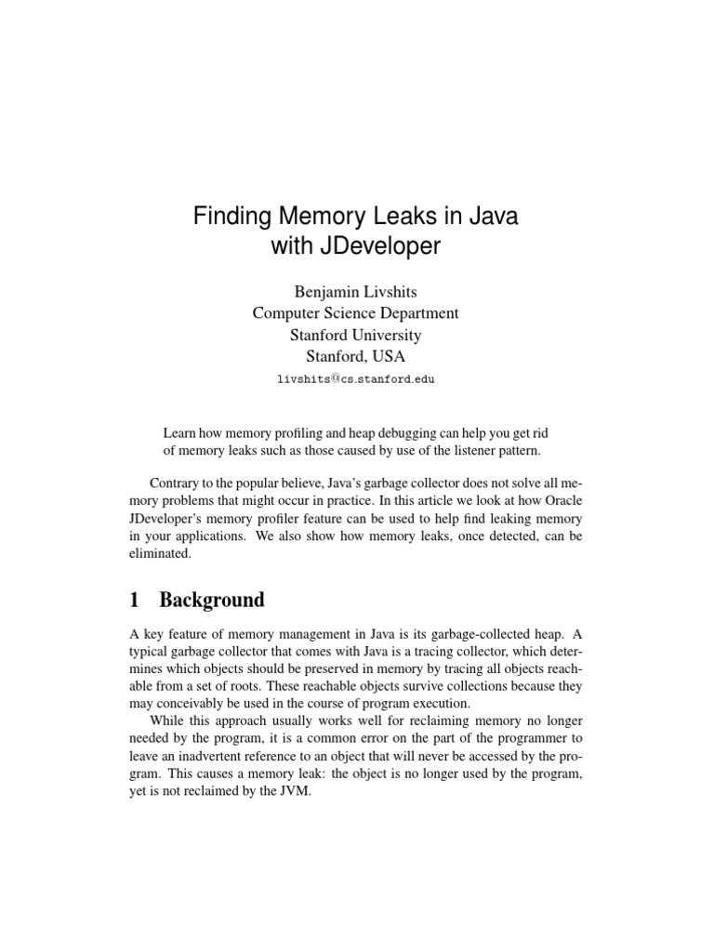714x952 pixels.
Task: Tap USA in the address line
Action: [x=389, y=356]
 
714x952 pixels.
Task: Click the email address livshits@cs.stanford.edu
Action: [x=357, y=379]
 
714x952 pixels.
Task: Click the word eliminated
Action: [x=160, y=552]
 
